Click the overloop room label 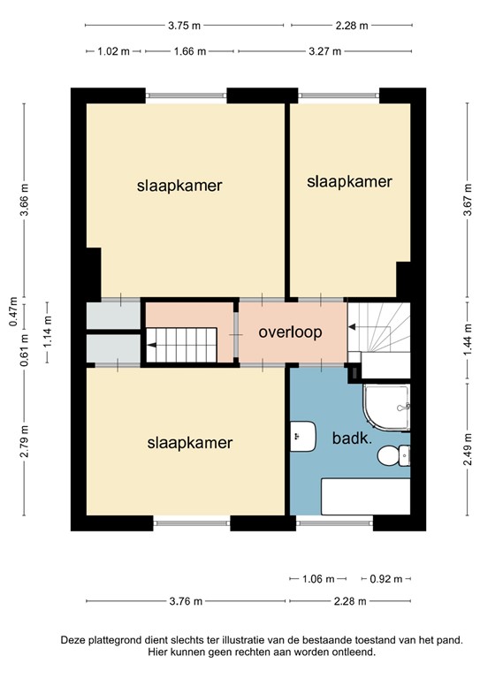tap(290, 332)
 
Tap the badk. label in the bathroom tap(352, 439)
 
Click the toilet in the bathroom tap(393, 455)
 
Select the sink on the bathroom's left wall tap(302, 436)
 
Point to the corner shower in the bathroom tap(386, 408)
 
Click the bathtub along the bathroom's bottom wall tap(365, 496)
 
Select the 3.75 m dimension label tap(185, 26)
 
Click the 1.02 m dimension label tap(113, 51)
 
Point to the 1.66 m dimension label tap(190, 51)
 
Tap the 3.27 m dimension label tap(324, 51)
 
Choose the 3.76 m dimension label tap(186, 601)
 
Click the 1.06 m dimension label tap(318, 578)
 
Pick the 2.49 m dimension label tap(468, 449)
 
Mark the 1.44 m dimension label tap(468, 339)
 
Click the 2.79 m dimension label tap(24, 441)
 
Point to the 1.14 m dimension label tap(47, 332)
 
